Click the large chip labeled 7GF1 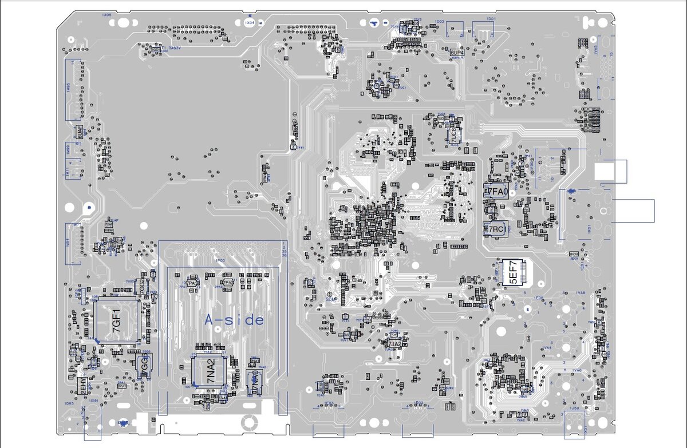click(x=117, y=320)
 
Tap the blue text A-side click(x=235, y=320)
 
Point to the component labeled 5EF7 click(x=514, y=273)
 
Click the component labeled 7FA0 click(x=496, y=192)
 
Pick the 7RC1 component click(x=496, y=229)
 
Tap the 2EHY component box click(x=84, y=386)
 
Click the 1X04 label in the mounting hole click(x=249, y=23)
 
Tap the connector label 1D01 click(x=490, y=19)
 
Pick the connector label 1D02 click(x=440, y=21)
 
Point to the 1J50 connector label click(x=575, y=409)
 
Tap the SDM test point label click(x=330, y=299)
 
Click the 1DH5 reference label click(x=69, y=403)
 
